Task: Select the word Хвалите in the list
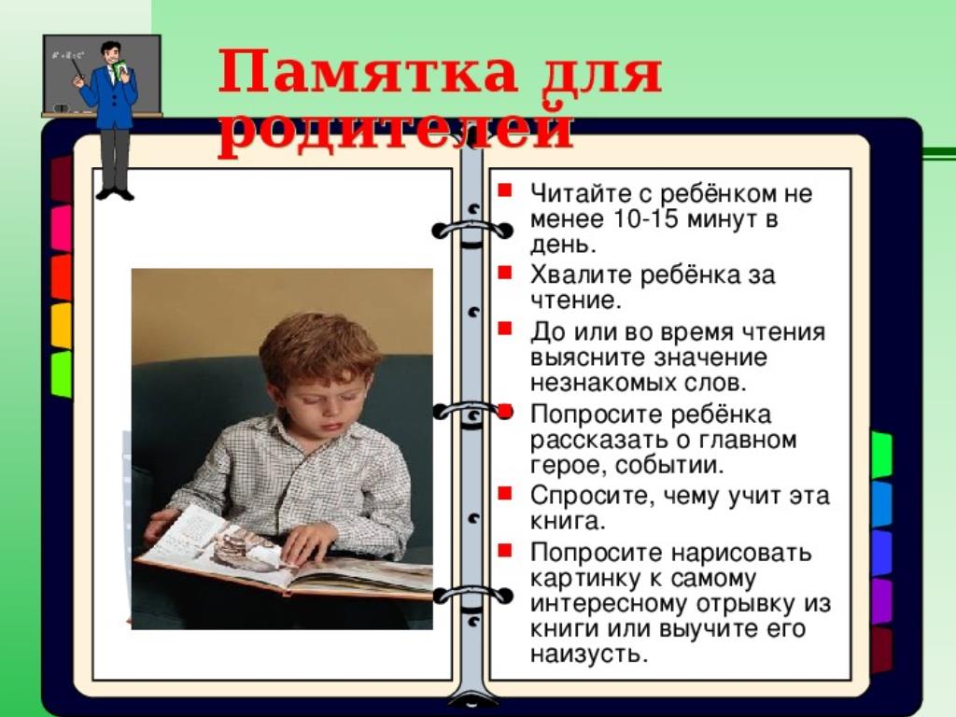coord(579,275)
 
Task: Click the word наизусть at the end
coord(587,654)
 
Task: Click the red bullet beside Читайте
coord(504,190)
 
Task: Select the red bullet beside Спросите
coord(504,492)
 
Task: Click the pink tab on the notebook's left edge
coord(61,228)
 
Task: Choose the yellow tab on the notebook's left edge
coord(61,326)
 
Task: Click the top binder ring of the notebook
coord(472,232)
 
